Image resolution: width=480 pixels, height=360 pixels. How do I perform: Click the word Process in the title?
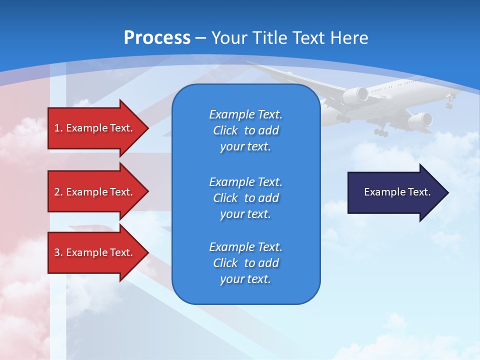[157, 38]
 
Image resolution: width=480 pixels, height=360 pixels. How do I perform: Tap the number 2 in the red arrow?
[57, 192]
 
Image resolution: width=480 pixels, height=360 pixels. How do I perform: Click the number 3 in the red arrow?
[57, 252]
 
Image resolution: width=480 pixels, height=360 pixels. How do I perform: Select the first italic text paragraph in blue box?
[245, 130]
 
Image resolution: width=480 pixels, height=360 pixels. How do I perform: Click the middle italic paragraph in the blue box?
[245, 197]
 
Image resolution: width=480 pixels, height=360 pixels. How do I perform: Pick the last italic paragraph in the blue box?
[245, 263]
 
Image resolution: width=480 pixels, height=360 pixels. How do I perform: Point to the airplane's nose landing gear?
[449, 104]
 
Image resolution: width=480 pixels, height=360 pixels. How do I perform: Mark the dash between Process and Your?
[201, 38]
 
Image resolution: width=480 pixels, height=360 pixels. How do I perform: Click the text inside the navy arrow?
[397, 192]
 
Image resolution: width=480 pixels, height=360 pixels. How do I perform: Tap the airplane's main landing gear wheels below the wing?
[381, 132]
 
